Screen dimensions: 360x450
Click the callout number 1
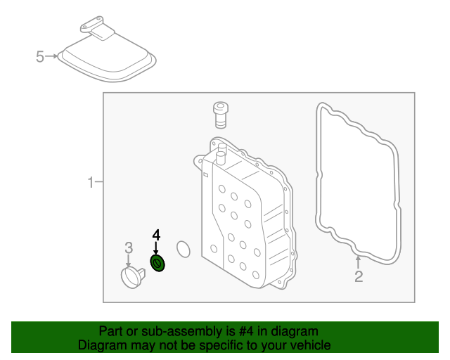90,183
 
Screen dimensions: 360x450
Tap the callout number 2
359,276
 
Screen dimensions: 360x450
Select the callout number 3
129,247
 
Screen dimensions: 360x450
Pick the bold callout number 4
157,235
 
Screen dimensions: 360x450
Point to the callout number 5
40,56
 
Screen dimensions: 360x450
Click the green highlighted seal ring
158,264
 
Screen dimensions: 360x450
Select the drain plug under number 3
130,276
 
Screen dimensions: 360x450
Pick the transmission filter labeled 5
105,60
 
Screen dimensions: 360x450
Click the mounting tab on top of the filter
96,30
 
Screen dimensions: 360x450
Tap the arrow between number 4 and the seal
157,248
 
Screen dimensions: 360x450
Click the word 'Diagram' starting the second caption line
102,345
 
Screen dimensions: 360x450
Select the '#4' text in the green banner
248,331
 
